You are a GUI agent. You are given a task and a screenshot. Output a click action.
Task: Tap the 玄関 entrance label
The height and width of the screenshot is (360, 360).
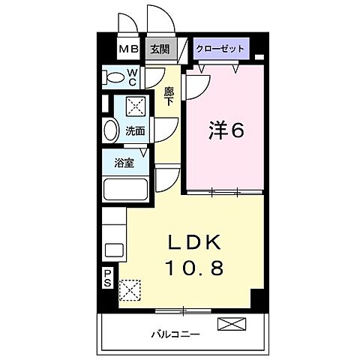pyautogui.click(x=159, y=49)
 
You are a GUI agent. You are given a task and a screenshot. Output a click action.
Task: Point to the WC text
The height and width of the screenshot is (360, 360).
pyautogui.click(x=131, y=76)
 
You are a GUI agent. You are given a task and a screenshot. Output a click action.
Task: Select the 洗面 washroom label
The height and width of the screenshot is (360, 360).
pyautogui.click(x=135, y=130)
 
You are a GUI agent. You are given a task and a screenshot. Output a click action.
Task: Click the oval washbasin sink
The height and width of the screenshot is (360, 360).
pyautogui.click(x=111, y=130)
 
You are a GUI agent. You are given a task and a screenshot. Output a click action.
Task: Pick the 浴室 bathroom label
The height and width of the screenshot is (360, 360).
pyautogui.click(x=124, y=163)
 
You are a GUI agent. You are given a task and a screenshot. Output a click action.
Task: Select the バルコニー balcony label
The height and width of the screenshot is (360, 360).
pyautogui.click(x=178, y=333)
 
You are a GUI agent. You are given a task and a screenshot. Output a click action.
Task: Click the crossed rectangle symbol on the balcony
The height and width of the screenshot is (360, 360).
pyautogui.click(x=232, y=325)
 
